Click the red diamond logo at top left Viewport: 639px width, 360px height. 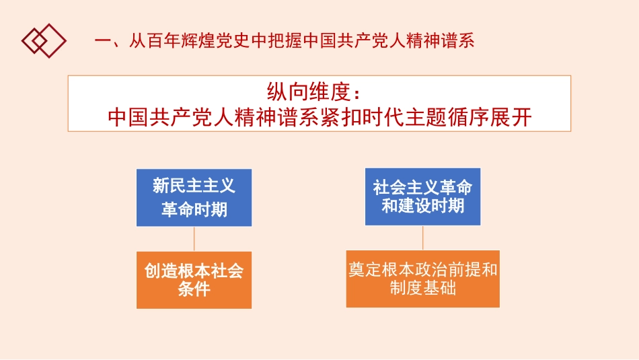click(44, 40)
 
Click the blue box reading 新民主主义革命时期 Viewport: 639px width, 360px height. click(194, 197)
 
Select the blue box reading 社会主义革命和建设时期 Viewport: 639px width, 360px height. click(422, 196)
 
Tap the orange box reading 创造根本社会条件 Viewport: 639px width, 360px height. click(194, 280)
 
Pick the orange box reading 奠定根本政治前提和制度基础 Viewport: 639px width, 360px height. click(422, 279)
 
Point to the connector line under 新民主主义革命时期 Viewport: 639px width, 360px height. click(194, 239)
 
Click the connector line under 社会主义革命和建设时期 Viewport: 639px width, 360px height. click(422, 238)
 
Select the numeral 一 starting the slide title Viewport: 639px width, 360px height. click(102, 41)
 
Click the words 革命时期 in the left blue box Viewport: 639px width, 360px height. click(194, 209)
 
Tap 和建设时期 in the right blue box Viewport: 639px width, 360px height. click(422, 206)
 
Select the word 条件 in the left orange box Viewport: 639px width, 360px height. click(194, 290)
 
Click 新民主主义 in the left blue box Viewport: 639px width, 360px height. click(194, 186)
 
